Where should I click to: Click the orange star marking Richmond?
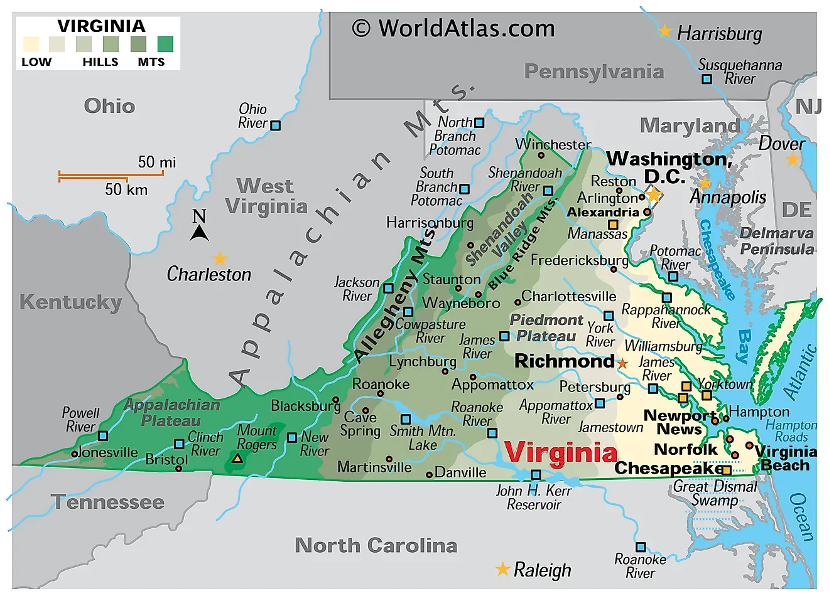(x=622, y=363)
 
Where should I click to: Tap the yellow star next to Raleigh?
(x=502, y=569)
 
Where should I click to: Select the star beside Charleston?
(x=220, y=258)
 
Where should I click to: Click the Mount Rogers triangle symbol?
(x=237, y=459)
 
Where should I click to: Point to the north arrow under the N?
(x=199, y=233)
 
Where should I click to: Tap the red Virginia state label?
(x=561, y=452)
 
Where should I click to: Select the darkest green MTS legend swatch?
(x=165, y=44)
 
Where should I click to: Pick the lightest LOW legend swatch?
(x=31, y=44)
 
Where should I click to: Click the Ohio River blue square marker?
(x=275, y=125)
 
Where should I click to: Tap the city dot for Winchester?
(x=541, y=155)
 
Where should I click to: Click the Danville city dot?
(x=430, y=474)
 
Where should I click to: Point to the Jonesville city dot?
(x=75, y=454)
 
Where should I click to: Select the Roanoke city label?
(x=381, y=384)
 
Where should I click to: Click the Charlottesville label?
(x=569, y=296)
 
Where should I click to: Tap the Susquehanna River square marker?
(x=707, y=79)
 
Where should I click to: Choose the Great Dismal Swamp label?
(x=715, y=493)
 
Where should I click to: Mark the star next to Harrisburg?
(x=665, y=31)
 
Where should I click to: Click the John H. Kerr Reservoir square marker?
(x=536, y=475)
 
